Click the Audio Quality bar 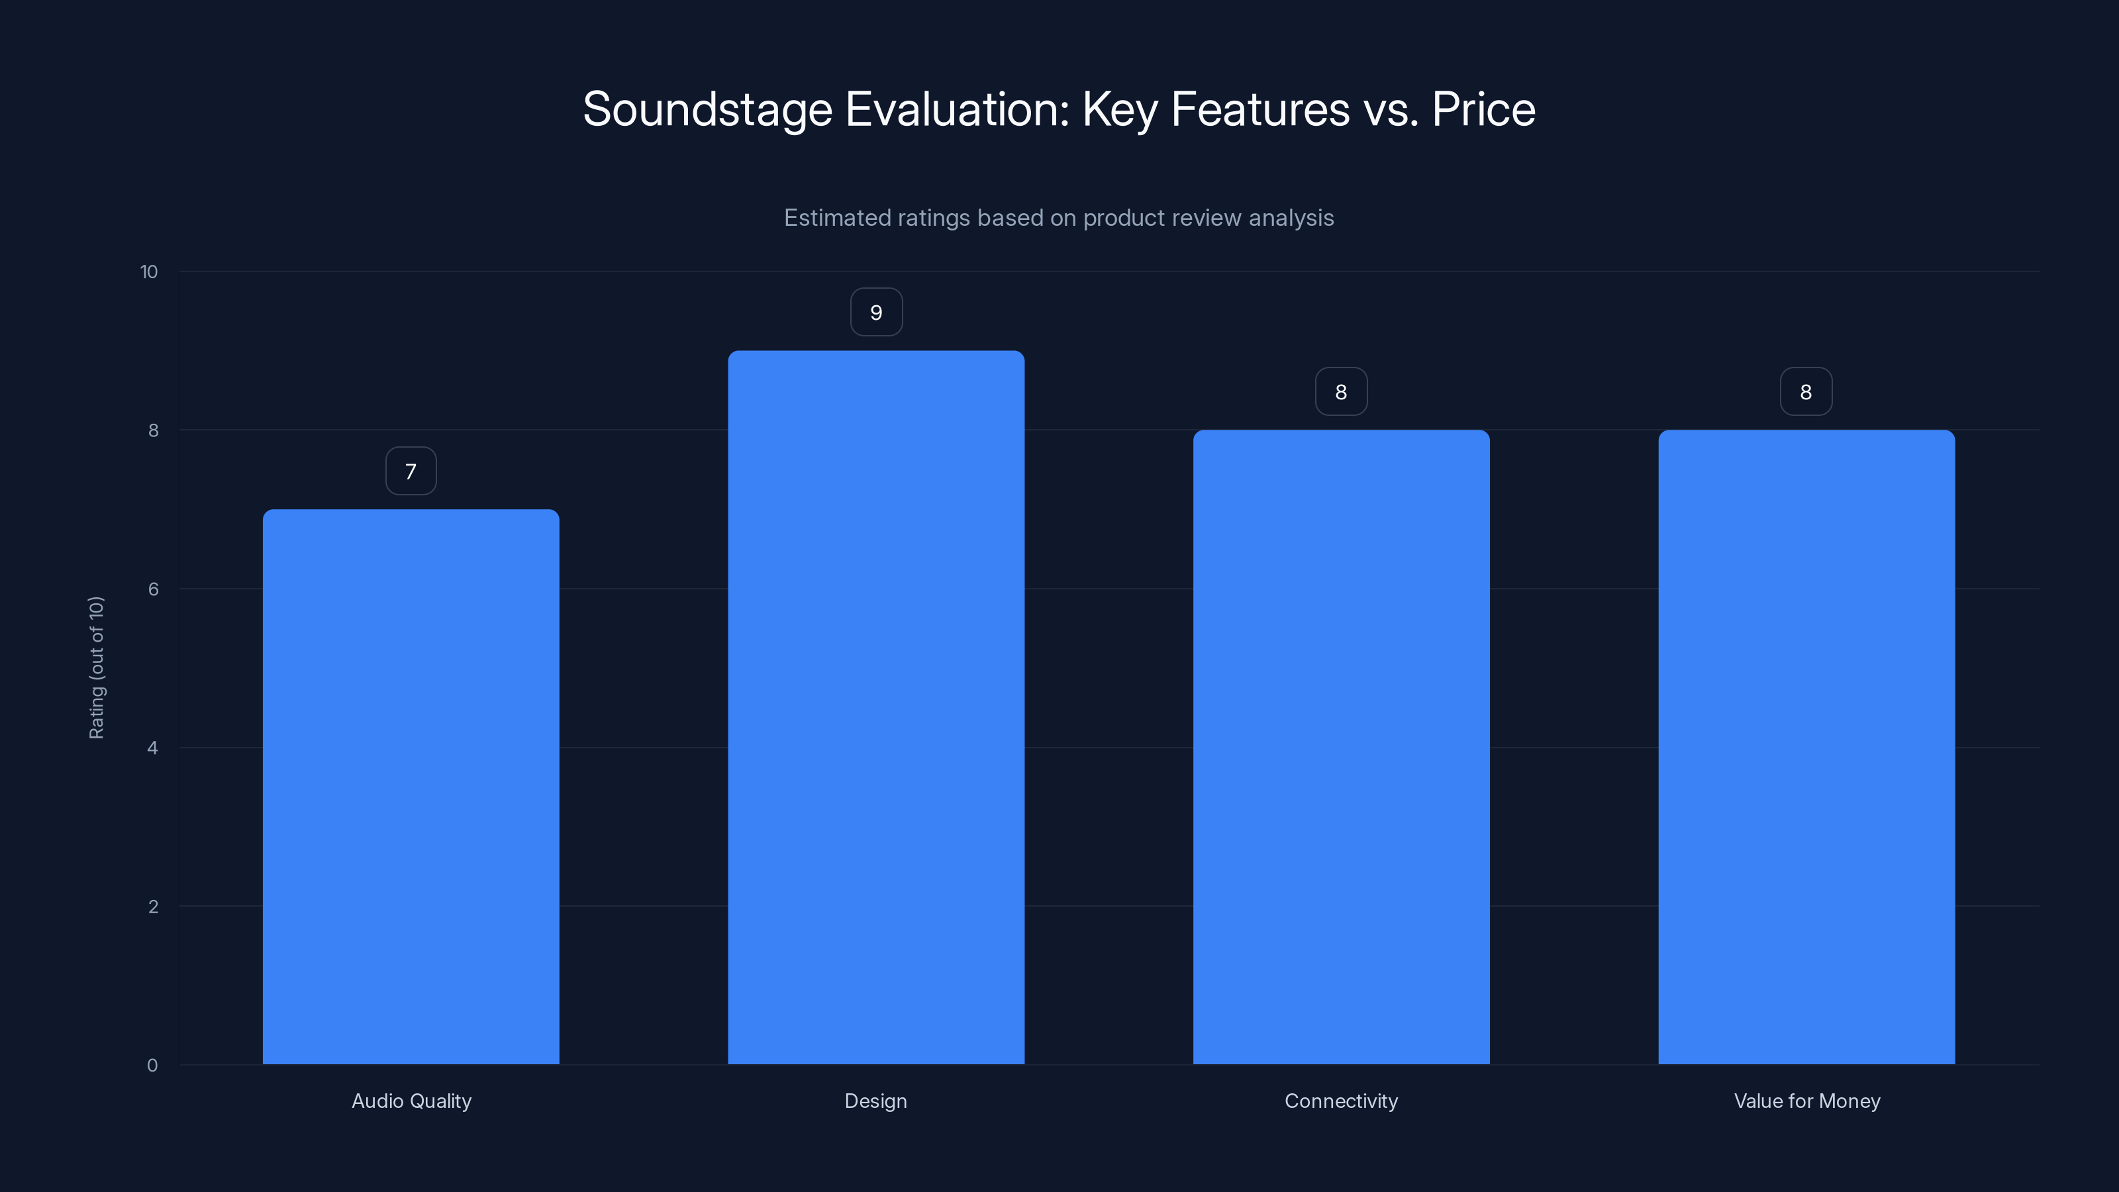411,787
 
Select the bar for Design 876,707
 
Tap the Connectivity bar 1341,747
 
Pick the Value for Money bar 1806,747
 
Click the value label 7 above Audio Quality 411,472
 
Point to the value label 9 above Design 876,313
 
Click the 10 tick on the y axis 149,272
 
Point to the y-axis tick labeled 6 153,589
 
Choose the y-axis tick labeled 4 153,748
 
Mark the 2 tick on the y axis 153,907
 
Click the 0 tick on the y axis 153,1066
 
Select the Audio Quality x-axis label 411,1101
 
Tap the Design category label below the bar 876,1101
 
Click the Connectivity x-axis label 1341,1101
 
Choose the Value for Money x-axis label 1806,1101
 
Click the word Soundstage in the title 707,109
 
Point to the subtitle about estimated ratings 1059,218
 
